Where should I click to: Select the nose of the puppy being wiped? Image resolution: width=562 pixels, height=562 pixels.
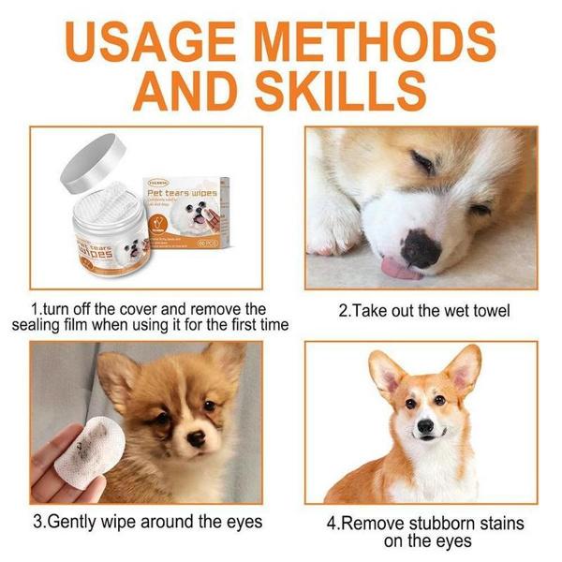pyautogui.click(x=195, y=438)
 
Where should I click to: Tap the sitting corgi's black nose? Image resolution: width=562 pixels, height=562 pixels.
pyautogui.click(x=425, y=425)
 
